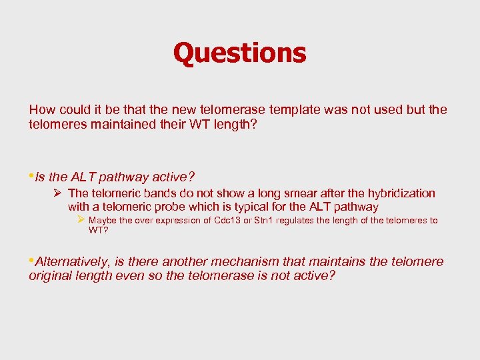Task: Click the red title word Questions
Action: (x=239, y=53)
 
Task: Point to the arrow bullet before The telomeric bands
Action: (x=58, y=193)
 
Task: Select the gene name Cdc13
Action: (x=227, y=221)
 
